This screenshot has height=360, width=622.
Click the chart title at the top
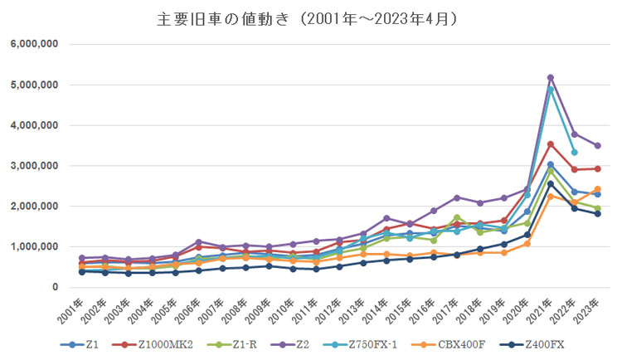(x=311, y=18)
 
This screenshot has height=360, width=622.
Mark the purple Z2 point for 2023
(x=597, y=146)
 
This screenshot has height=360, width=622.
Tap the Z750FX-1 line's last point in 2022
(x=574, y=153)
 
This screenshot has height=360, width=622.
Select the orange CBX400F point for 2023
(x=597, y=189)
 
